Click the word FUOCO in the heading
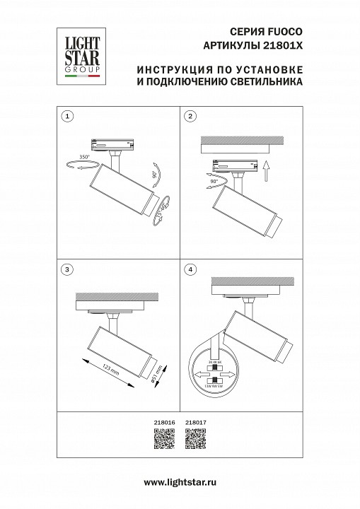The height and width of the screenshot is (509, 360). tap(286, 33)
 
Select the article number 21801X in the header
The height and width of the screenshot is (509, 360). tap(283, 45)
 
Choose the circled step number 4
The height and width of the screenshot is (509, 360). tap(190, 269)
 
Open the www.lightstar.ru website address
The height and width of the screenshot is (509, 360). tap(180, 481)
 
